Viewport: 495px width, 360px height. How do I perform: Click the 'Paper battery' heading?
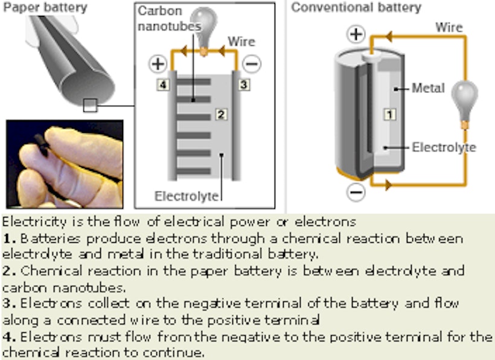46,8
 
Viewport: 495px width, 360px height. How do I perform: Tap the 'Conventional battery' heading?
356,8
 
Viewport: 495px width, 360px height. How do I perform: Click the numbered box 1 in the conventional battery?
390,113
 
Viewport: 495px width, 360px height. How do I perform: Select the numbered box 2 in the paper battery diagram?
222,114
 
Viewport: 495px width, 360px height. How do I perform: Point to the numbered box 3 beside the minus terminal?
243,85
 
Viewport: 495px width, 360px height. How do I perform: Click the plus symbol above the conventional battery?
357,34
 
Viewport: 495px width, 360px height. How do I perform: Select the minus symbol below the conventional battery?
357,192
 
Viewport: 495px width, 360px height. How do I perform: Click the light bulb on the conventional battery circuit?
466,100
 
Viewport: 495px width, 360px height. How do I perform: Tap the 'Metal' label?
428,88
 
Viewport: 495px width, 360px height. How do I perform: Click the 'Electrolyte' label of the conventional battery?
444,147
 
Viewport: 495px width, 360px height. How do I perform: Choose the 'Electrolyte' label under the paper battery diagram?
186,196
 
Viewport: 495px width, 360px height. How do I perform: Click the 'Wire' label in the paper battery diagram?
241,42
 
